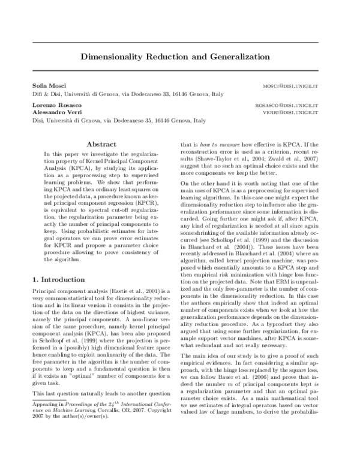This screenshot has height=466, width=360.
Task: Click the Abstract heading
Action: [101, 145]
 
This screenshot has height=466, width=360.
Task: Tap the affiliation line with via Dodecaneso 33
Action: [128, 95]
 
